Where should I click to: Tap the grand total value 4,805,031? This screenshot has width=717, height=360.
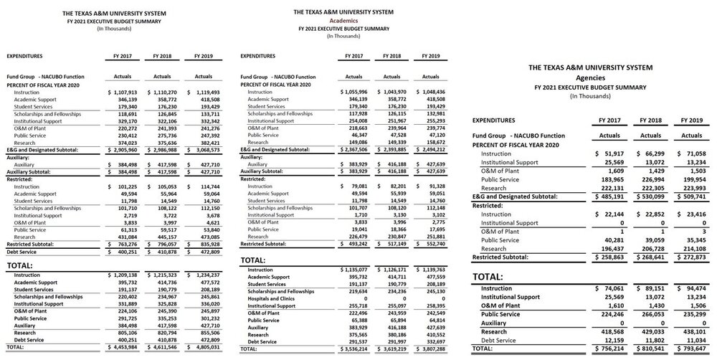click(x=204, y=346)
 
